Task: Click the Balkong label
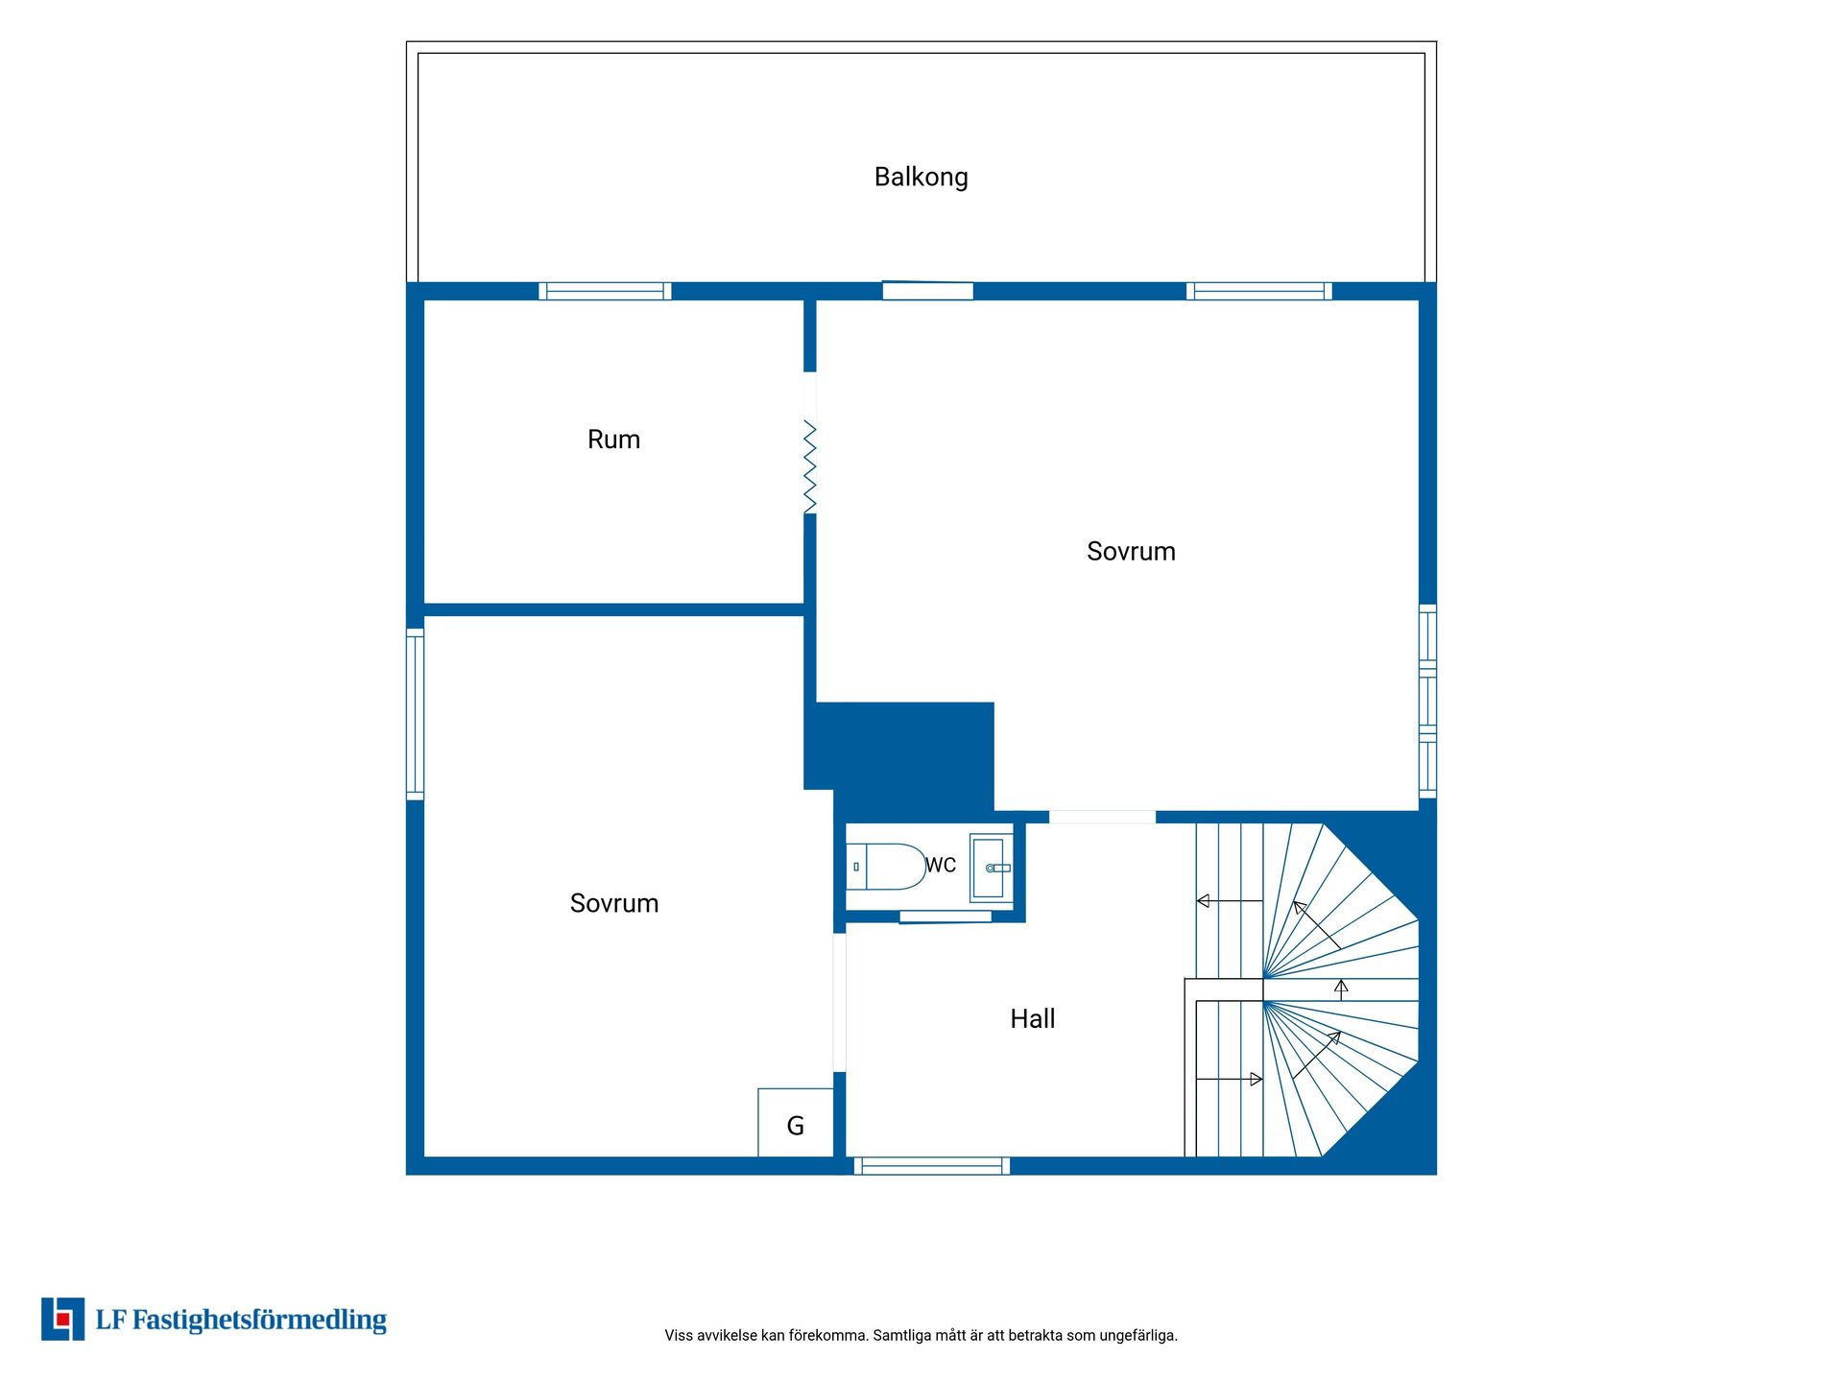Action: pyautogui.click(x=921, y=178)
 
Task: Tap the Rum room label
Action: pyautogui.click(x=613, y=440)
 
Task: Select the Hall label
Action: pyautogui.click(x=1032, y=1018)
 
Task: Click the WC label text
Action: pyautogui.click(x=941, y=865)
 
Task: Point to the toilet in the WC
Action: pyautogui.click(x=886, y=867)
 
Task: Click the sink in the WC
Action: pyautogui.click(x=991, y=868)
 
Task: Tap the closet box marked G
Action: pyautogui.click(x=795, y=1123)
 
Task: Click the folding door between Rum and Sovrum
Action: pyautogui.click(x=810, y=466)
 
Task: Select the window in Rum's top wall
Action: pyautogui.click(x=605, y=291)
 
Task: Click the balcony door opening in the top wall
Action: pyautogui.click(x=927, y=291)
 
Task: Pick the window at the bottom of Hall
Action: pyautogui.click(x=932, y=1166)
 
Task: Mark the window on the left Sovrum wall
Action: pyautogui.click(x=415, y=714)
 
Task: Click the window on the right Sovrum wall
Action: pyautogui.click(x=1427, y=702)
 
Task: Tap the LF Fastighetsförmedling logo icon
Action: pyautogui.click(x=62, y=1320)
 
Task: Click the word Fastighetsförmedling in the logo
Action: pyautogui.click(x=259, y=1321)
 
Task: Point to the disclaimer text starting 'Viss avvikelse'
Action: pyautogui.click(x=921, y=1335)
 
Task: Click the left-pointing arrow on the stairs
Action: pyautogui.click(x=1229, y=901)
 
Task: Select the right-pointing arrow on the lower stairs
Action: pyautogui.click(x=1229, y=1080)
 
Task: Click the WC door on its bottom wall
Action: pyautogui.click(x=945, y=917)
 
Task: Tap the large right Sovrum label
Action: pyautogui.click(x=1131, y=552)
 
